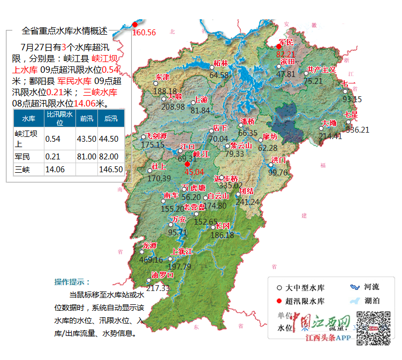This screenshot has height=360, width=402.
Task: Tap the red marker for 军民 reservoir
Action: (x=278, y=47)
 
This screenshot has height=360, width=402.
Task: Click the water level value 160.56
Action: (x=144, y=33)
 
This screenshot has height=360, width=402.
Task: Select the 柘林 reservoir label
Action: (x=220, y=63)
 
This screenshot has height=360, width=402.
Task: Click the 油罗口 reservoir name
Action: (x=163, y=275)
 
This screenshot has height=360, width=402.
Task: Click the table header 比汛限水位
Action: (x=59, y=118)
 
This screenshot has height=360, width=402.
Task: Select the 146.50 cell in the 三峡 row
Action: (x=111, y=169)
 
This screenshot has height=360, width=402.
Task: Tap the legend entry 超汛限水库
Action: (x=305, y=301)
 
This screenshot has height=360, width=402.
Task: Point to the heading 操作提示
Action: (x=73, y=282)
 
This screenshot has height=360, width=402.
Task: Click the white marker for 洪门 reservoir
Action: (x=271, y=166)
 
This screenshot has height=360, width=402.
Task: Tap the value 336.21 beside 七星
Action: (x=358, y=129)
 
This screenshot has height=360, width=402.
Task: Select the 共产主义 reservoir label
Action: (x=321, y=70)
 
